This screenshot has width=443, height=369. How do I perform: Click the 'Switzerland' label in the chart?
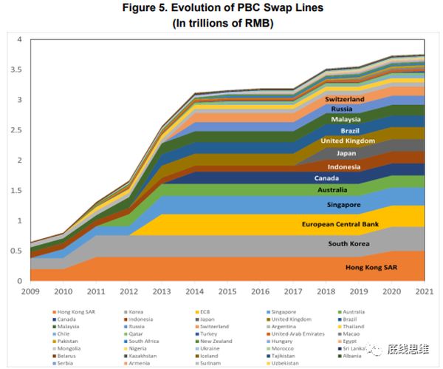coord(345,98)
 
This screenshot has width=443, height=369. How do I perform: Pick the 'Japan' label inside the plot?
coord(346,153)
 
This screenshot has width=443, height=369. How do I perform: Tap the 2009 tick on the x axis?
coord(31,292)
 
